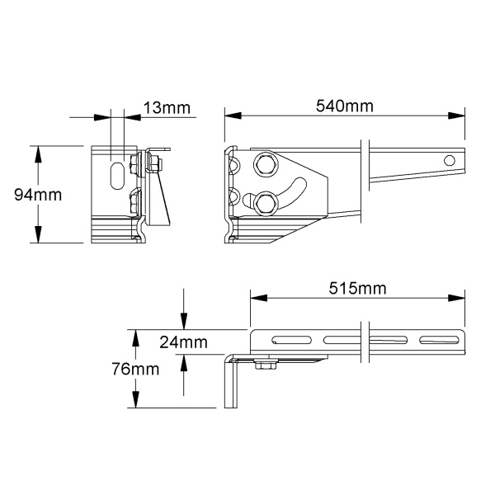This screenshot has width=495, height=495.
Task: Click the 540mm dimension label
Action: click(x=344, y=106)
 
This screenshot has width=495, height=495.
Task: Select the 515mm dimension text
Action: click(x=357, y=288)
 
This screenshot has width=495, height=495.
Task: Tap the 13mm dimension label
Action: click(x=167, y=108)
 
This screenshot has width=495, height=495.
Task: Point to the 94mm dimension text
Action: click(x=38, y=195)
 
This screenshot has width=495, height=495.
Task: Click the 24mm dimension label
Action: click(x=183, y=342)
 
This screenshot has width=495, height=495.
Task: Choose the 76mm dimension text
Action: click(x=135, y=369)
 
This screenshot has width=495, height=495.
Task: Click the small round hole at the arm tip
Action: click(x=450, y=160)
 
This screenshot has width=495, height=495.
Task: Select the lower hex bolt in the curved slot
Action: click(x=266, y=204)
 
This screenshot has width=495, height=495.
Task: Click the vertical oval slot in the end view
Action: click(x=117, y=176)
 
